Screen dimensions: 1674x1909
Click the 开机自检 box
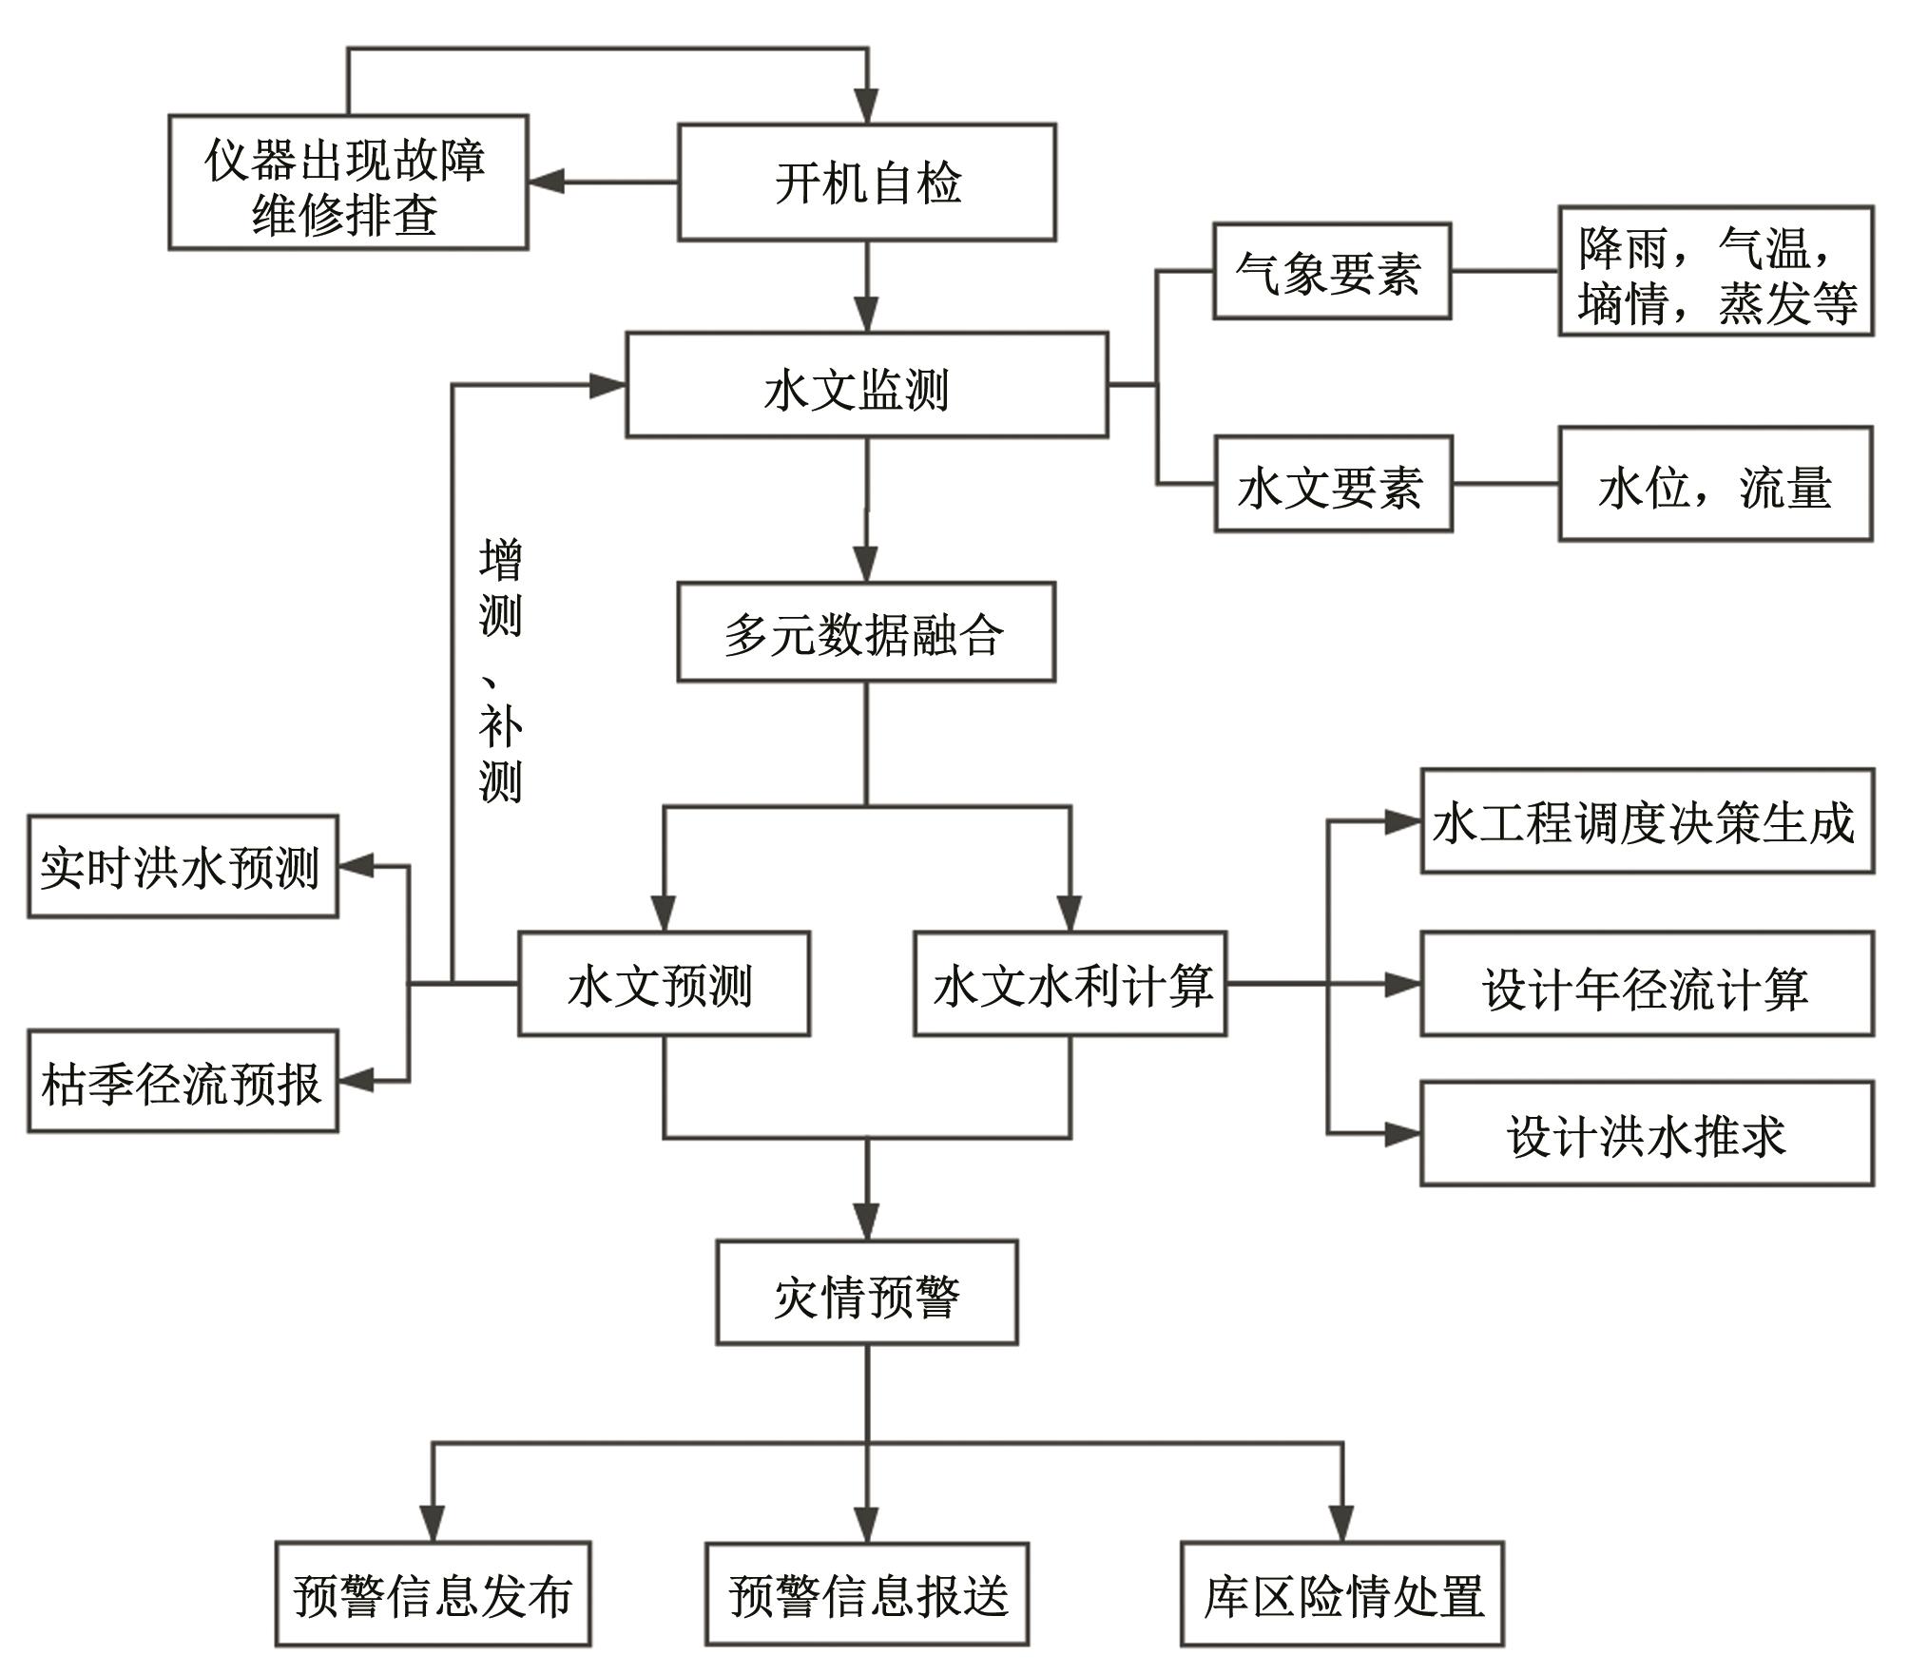866,182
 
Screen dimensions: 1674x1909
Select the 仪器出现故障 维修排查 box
348,183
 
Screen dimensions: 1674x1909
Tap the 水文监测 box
866,385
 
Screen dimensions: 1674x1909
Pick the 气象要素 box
1331,271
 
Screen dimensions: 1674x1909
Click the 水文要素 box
1333,484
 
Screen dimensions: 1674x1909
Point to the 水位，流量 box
1714,484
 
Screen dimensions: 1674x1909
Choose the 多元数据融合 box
865,632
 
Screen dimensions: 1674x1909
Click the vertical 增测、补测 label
500,670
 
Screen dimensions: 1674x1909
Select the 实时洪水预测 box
183,866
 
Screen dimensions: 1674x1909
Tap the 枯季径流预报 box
183,1081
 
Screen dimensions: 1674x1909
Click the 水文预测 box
664,984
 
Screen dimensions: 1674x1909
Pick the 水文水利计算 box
1070,984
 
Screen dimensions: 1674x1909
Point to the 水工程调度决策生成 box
1647,821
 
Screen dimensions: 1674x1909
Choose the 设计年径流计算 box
1647,984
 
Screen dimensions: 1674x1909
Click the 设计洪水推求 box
1647,1133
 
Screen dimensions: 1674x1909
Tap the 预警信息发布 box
433,1594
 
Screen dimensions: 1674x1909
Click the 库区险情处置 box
1341,1594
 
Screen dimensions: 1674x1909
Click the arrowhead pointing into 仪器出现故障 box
546,182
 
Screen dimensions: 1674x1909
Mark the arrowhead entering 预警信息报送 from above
866,1526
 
